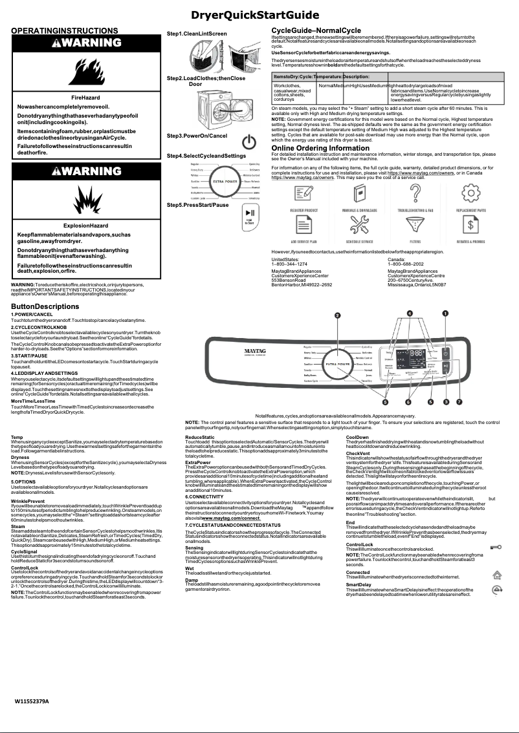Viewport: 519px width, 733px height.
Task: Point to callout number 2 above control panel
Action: tap(337, 315)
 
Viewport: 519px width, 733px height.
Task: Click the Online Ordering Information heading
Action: tap(320, 148)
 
